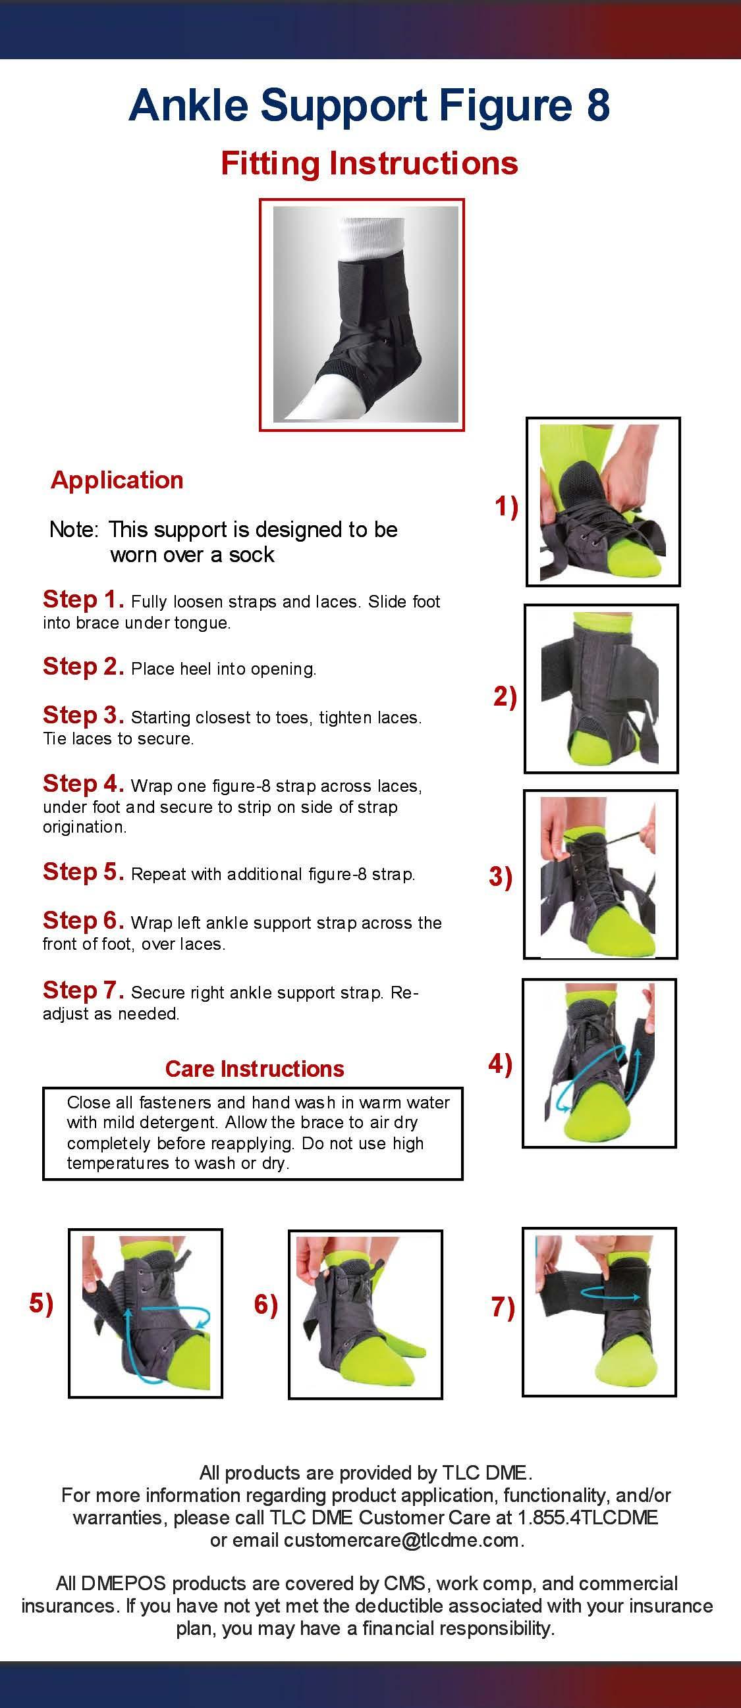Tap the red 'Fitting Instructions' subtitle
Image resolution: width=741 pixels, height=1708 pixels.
(x=369, y=164)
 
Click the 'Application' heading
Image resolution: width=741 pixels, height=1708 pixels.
(x=117, y=480)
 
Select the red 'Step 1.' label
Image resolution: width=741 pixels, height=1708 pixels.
(x=84, y=600)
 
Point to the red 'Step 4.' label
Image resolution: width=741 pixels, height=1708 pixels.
(x=84, y=784)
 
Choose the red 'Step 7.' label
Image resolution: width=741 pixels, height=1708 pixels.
(x=84, y=990)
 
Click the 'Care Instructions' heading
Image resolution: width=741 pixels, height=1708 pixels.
(x=255, y=1069)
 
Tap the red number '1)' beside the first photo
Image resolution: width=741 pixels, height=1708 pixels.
(x=506, y=507)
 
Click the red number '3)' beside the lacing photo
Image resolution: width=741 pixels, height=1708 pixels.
(x=501, y=877)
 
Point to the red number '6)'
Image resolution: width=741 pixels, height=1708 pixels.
(x=266, y=1305)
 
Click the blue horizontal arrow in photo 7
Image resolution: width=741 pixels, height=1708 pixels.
(x=611, y=1293)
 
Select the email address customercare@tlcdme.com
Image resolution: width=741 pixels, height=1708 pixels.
(x=401, y=1540)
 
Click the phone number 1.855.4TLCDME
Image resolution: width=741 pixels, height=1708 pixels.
(x=588, y=1517)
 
